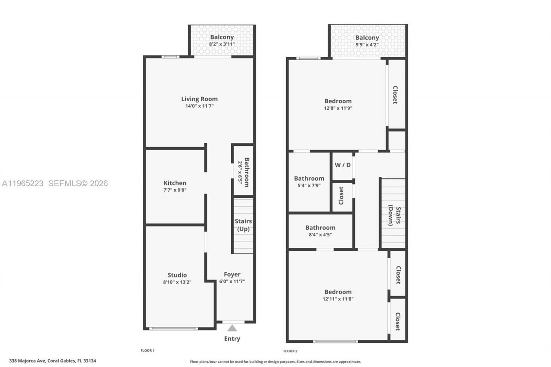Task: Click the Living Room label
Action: click(x=199, y=99)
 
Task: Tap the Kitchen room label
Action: click(x=175, y=183)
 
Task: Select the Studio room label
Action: click(x=177, y=275)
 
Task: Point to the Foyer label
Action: click(x=232, y=274)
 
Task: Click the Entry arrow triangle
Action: click(x=232, y=328)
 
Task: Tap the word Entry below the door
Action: click(x=232, y=339)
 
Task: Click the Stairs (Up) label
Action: click(x=243, y=225)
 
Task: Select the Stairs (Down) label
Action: click(x=394, y=215)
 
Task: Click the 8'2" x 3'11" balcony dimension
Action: click(x=222, y=44)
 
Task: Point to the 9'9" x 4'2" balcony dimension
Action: click(x=367, y=44)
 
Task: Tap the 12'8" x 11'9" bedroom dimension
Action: click(x=338, y=108)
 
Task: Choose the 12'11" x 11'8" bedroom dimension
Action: click(x=338, y=299)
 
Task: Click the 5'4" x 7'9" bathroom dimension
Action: click(x=309, y=185)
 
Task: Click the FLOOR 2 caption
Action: click(x=291, y=351)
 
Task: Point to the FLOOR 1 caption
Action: click(x=148, y=350)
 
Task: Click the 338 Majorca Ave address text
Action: click(x=53, y=361)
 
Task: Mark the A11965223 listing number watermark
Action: click(x=23, y=184)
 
